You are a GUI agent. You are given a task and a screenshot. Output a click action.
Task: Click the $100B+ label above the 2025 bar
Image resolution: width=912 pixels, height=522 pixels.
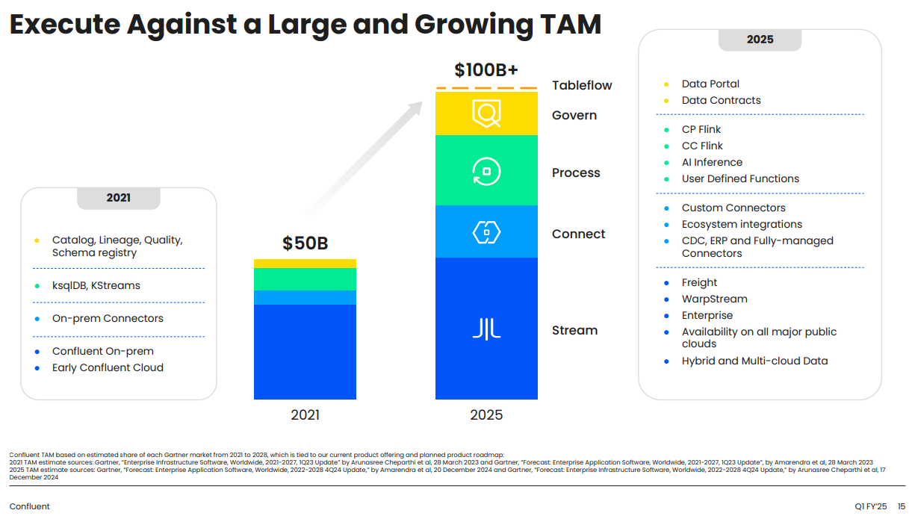tap(486, 70)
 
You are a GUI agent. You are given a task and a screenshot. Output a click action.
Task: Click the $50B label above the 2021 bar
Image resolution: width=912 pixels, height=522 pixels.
tap(305, 243)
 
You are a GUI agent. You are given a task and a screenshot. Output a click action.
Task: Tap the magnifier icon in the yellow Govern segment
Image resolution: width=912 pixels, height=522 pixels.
tap(486, 114)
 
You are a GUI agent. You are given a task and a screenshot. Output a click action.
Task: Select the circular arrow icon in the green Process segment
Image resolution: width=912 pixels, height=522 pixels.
tap(486, 171)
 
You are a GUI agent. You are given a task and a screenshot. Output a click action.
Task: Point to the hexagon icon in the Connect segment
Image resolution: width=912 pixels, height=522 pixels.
tap(486, 232)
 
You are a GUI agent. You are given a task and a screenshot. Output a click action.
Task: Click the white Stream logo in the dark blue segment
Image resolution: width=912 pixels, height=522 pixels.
tap(486, 329)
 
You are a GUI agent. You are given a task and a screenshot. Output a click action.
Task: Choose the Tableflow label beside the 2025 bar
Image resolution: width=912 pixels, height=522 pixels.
tap(582, 85)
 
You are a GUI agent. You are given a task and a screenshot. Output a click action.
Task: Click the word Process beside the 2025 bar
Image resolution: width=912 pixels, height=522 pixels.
tap(576, 173)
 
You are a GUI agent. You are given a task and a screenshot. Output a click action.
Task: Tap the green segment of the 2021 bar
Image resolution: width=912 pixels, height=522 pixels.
tap(305, 279)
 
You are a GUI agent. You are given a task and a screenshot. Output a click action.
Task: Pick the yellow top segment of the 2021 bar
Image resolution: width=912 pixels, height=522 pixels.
tap(305, 264)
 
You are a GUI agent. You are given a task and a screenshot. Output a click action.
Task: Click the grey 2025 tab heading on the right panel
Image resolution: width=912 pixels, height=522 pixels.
tap(760, 40)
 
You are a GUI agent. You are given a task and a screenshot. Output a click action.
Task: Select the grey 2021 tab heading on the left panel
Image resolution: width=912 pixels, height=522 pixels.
tap(118, 198)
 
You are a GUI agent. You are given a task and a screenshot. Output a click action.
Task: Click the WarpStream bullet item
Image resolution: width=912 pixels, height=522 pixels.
tap(714, 299)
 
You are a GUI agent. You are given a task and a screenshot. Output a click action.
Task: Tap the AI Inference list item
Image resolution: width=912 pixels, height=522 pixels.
tap(712, 162)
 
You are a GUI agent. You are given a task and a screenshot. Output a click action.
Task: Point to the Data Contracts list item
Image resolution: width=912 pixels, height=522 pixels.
tap(721, 100)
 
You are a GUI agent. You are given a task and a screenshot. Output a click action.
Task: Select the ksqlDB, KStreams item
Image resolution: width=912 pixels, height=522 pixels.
tap(96, 285)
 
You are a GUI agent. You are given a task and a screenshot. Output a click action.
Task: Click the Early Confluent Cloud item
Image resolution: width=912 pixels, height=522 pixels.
tap(108, 367)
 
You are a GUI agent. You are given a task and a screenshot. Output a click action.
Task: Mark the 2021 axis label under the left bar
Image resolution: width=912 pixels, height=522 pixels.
tap(305, 414)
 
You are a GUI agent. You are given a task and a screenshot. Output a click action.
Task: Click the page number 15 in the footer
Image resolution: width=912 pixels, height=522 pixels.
tap(902, 506)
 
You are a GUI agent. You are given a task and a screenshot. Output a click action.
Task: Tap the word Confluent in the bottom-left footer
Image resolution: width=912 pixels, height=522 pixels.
tap(29, 506)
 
